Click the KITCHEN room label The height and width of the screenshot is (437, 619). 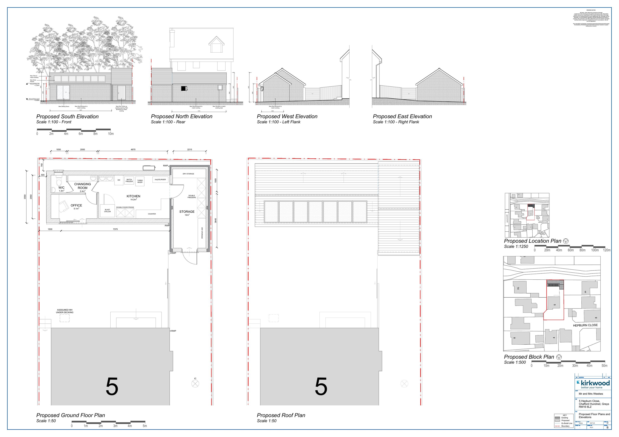point(133,196)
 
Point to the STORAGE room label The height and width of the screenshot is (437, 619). point(187,212)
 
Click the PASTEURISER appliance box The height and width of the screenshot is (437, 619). point(160,180)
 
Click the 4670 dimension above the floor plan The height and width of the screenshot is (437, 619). point(133,150)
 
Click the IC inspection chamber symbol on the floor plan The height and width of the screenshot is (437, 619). point(195,384)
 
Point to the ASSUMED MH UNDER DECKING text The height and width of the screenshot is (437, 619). point(65,311)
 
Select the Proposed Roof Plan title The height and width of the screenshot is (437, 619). point(281,415)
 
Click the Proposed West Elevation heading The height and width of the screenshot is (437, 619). point(287,116)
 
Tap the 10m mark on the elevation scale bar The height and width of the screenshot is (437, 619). point(111,134)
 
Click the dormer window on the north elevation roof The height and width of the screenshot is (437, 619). point(216,47)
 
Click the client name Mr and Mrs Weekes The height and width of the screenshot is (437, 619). point(591,394)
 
